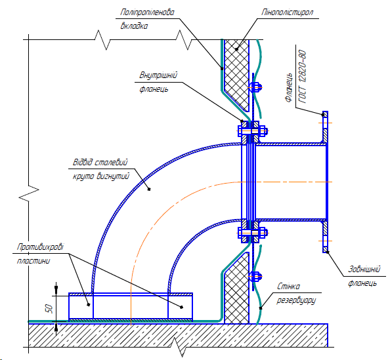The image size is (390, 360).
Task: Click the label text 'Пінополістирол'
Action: click(288, 12)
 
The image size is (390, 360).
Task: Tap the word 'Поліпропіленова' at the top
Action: click(147, 12)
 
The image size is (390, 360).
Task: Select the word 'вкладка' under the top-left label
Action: click(134, 26)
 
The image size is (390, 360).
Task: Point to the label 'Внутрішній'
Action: click(158, 75)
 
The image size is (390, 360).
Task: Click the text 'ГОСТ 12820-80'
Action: click(303, 77)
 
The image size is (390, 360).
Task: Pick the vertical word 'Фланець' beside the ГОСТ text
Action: click(288, 87)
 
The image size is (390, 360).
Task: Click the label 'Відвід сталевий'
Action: click(100, 162)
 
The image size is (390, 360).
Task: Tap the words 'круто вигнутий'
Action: click(101, 176)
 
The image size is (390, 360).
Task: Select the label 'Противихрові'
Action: click(40, 247)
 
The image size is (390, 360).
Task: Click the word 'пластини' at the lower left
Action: click(33, 261)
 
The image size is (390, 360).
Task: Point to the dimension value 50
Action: click(49, 309)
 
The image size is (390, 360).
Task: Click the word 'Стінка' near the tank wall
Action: click(288, 287)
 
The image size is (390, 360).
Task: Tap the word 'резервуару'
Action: click(296, 300)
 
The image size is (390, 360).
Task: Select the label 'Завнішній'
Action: click(364, 269)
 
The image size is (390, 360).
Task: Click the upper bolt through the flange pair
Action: click(253, 130)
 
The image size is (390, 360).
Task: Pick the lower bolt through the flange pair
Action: click(253, 233)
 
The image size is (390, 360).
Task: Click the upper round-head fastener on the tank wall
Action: click(255, 87)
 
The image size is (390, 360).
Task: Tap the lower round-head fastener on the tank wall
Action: click(255, 276)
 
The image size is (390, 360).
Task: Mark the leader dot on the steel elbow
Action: click(149, 190)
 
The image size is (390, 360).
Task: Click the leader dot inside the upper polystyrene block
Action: click(237, 49)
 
